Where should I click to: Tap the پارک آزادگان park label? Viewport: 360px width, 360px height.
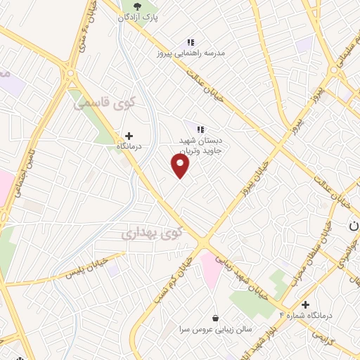pos(148,15)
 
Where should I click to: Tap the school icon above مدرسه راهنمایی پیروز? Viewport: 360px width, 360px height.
pos(191,42)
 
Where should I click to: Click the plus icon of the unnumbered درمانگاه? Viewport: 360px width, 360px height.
pos(129,135)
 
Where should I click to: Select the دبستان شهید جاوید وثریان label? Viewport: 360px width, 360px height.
pos(197,146)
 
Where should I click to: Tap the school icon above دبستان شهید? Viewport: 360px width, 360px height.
pos(200,129)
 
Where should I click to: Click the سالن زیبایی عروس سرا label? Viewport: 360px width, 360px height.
pos(214,328)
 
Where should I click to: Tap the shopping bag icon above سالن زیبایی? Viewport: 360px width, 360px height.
pos(214,317)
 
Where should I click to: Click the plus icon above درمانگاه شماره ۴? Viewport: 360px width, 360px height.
pos(305,304)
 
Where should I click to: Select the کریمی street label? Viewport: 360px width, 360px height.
pos(340,337)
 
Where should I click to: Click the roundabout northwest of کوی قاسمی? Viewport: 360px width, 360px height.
pos(70,73)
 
